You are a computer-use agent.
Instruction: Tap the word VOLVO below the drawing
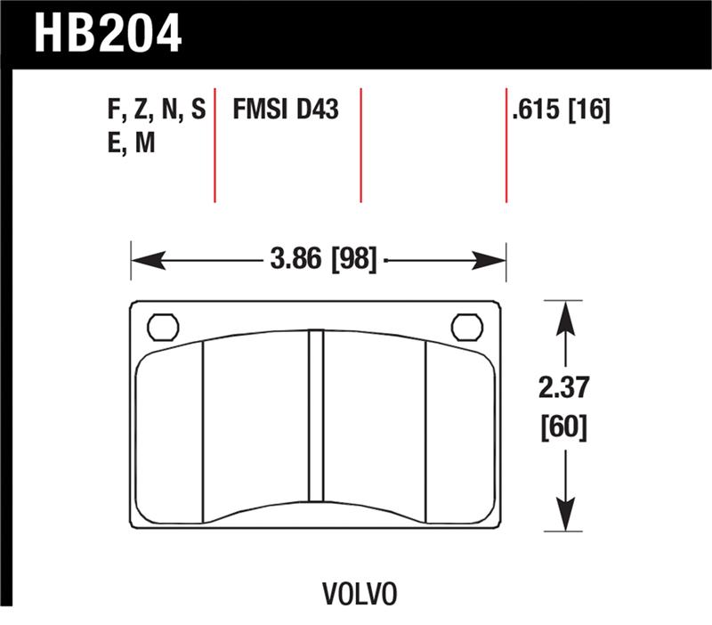360,593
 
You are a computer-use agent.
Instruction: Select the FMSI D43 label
285,110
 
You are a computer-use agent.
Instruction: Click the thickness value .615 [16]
561,110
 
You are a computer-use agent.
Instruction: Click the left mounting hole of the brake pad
162,328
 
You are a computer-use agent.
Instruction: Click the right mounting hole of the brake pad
466,328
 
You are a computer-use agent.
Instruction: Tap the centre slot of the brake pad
315,426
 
